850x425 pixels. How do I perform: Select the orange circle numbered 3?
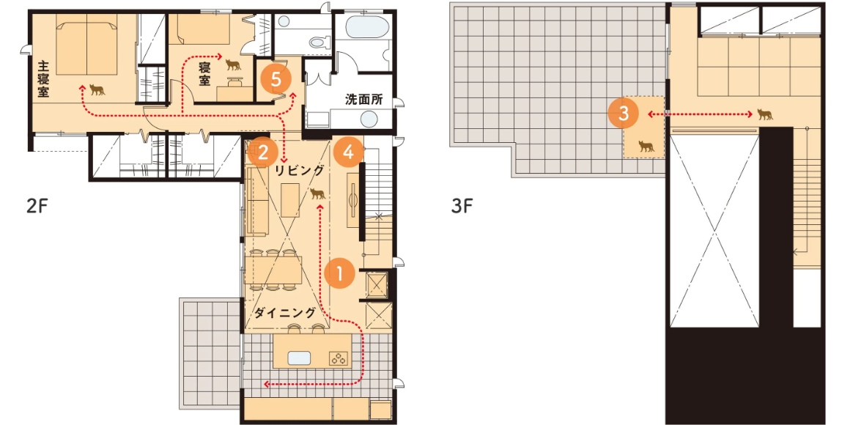pos(624,114)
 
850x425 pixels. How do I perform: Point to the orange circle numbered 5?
pos(276,80)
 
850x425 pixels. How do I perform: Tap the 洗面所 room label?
pos(363,99)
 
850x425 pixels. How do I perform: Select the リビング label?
pos(300,171)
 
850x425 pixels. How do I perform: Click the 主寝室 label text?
pos(43,79)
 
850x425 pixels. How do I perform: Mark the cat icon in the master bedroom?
pos(97,89)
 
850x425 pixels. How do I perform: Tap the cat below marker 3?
pos(646,146)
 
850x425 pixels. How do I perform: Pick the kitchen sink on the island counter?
pos(299,358)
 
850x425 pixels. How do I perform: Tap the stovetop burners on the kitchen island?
pos(339,358)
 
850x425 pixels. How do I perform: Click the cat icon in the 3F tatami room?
pos(764,114)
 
